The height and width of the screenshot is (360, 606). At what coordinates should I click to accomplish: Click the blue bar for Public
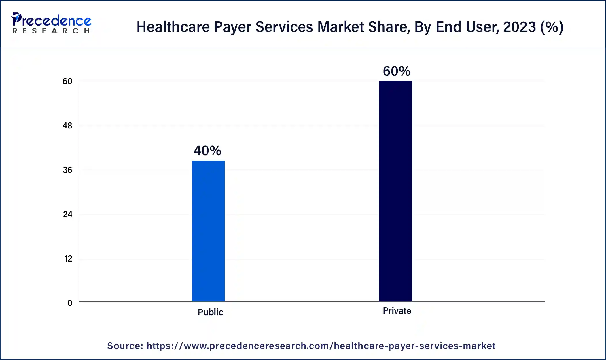click(x=208, y=230)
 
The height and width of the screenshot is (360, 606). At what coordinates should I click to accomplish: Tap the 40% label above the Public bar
click(x=207, y=151)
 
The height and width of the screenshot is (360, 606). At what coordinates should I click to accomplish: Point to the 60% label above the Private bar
click(x=397, y=71)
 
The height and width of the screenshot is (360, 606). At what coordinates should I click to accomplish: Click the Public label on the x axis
click(x=210, y=312)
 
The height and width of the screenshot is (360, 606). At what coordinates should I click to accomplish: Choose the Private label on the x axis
click(x=397, y=311)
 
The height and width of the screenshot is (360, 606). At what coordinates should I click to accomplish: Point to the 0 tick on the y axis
click(x=70, y=303)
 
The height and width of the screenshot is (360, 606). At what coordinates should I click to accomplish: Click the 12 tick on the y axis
click(x=68, y=259)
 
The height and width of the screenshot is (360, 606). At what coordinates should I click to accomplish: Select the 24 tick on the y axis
click(x=68, y=214)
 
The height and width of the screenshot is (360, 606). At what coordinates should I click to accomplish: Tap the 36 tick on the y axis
click(x=67, y=170)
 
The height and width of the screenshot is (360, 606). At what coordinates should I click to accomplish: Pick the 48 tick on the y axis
click(x=67, y=126)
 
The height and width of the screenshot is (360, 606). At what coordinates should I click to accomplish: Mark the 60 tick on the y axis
click(x=67, y=81)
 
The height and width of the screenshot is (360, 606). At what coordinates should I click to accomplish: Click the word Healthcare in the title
click(x=173, y=27)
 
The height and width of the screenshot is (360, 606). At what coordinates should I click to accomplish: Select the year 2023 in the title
click(x=519, y=27)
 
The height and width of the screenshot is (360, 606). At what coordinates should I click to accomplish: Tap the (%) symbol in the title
click(x=552, y=27)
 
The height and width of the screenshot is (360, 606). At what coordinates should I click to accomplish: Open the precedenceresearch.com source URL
click(x=321, y=346)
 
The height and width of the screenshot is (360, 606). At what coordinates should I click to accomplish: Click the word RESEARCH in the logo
click(x=51, y=31)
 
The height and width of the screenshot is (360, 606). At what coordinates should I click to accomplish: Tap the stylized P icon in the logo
click(x=16, y=19)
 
